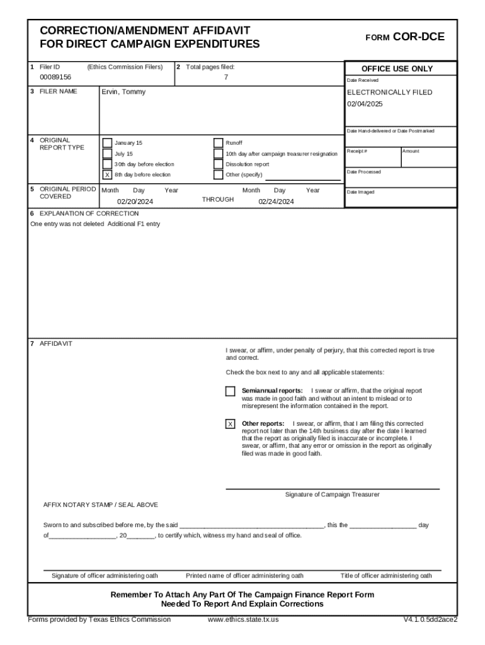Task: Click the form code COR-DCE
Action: pyautogui.click(x=418, y=37)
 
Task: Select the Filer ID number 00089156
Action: pyautogui.click(x=55, y=77)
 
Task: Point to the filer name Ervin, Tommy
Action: pyautogui.click(x=123, y=92)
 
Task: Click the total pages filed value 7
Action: pyautogui.click(x=226, y=77)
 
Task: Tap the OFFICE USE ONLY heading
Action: pyautogui.click(x=397, y=69)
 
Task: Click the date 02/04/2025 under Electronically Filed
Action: pyautogui.click(x=365, y=104)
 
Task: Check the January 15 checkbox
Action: pyautogui.click(x=107, y=143)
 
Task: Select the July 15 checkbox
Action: pyautogui.click(x=107, y=154)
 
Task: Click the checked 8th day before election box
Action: pyautogui.click(x=107, y=174)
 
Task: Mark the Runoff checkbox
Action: pyautogui.click(x=218, y=143)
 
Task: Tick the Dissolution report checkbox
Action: pyautogui.click(x=218, y=164)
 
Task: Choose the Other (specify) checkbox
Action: pyautogui.click(x=218, y=174)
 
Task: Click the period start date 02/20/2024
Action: pyautogui.click(x=135, y=202)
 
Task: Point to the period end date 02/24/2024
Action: pyautogui.click(x=276, y=202)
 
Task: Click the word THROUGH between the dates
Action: pyautogui.click(x=217, y=200)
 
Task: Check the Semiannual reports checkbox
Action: pyautogui.click(x=231, y=391)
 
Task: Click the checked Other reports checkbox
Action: pyautogui.click(x=231, y=424)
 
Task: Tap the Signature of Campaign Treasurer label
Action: pyautogui.click(x=332, y=494)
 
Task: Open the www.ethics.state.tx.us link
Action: pyautogui.click(x=243, y=619)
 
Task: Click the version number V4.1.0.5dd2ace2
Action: pyautogui.click(x=430, y=619)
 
